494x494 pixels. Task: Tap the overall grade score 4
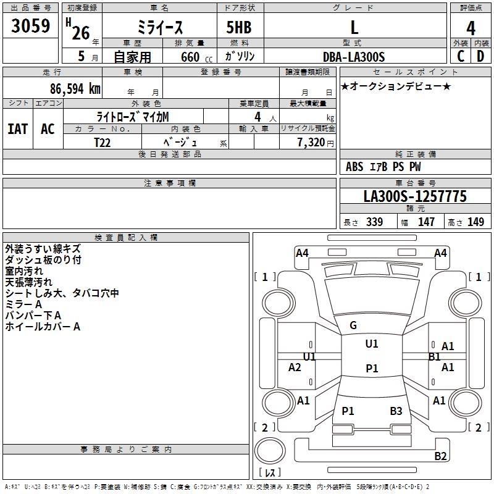click(x=471, y=28)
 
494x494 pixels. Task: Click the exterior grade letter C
click(x=461, y=56)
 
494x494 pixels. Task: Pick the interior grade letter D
click(x=480, y=56)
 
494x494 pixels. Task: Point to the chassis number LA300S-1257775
click(x=415, y=196)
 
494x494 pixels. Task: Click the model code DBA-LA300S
click(x=354, y=57)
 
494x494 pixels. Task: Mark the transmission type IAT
click(x=18, y=128)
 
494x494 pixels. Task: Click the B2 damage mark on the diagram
click(x=440, y=456)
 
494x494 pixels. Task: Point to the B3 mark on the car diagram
click(x=396, y=411)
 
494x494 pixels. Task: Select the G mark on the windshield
click(x=353, y=325)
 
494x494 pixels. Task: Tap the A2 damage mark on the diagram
click(x=295, y=367)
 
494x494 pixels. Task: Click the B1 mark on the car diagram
click(x=435, y=356)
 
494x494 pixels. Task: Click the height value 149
click(x=475, y=222)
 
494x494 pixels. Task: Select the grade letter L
click(x=354, y=28)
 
